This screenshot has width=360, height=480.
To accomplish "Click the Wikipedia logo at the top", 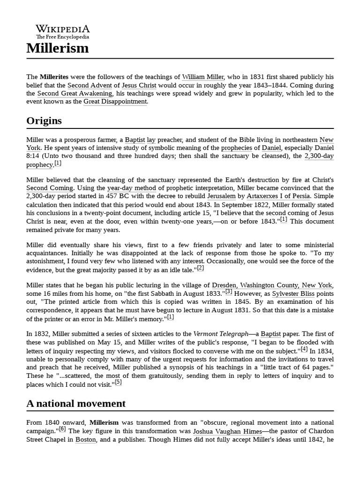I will (x=62, y=31).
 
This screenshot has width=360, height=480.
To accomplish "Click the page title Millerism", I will (x=57, y=48).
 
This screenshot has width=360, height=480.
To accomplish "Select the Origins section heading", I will (x=44, y=120).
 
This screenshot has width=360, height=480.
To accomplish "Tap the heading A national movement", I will (x=76, y=403).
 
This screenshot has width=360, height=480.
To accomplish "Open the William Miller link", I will (x=203, y=77).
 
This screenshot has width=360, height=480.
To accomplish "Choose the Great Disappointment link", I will (x=115, y=101).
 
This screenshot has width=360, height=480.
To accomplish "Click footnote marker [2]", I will (x=200, y=268).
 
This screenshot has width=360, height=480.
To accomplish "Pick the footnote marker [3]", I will (x=229, y=291).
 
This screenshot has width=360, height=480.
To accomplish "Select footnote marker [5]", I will (x=118, y=382).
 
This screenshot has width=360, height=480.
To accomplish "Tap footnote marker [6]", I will (x=62, y=428).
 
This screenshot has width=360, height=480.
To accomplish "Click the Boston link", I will (x=86, y=440).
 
